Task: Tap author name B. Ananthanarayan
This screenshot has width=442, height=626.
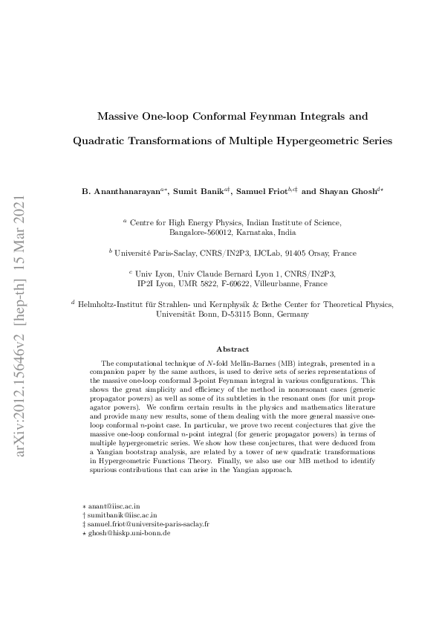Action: [123, 191]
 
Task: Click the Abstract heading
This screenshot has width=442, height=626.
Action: [232, 349]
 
